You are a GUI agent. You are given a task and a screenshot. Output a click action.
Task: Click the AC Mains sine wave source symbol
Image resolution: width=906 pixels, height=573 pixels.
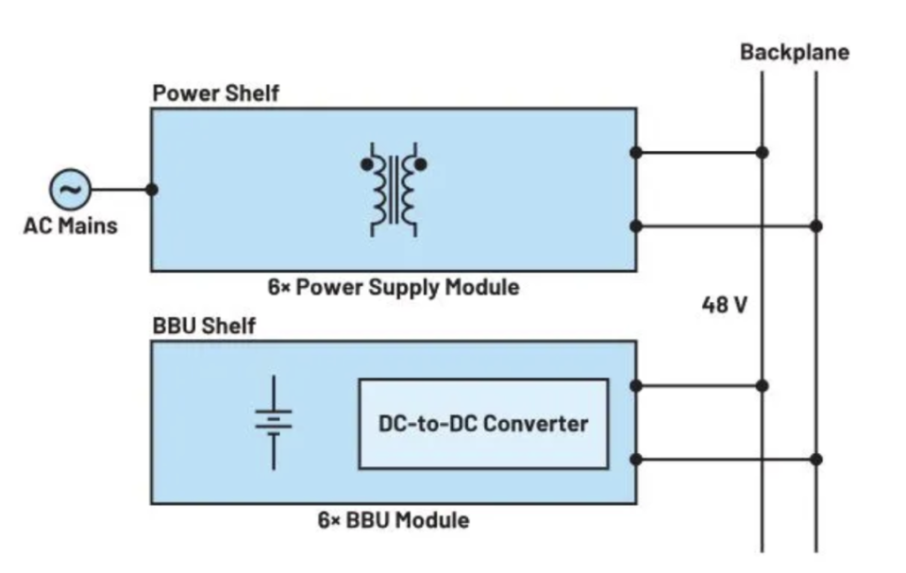click(x=70, y=190)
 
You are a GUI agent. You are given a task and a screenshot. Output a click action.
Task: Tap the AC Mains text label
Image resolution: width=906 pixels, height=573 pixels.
click(x=70, y=226)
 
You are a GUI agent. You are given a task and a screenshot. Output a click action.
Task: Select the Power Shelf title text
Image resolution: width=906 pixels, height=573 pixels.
click(x=215, y=94)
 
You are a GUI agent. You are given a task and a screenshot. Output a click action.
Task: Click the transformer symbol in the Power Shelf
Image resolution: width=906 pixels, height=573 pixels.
click(x=393, y=190)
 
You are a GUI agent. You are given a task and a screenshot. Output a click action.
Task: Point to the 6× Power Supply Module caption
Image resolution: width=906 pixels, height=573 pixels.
click(x=393, y=287)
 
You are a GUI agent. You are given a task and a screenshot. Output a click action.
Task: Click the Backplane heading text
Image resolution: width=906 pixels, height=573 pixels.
click(x=794, y=52)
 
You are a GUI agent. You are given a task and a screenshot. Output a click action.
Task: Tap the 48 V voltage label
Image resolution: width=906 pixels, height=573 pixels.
click(x=725, y=306)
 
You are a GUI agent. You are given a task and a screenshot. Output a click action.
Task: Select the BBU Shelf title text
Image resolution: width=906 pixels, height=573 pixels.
click(x=204, y=327)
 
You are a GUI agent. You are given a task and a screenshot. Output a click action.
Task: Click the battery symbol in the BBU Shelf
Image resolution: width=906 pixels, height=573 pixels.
click(x=274, y=422)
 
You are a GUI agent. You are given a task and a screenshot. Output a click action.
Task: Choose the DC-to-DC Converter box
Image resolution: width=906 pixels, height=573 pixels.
click(x=483, y=424)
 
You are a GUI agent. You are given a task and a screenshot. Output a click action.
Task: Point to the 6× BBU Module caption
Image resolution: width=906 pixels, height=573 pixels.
click(x=393, y=519)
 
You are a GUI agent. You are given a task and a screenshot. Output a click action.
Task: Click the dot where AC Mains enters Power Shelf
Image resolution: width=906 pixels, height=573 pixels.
click(x=152, y=190)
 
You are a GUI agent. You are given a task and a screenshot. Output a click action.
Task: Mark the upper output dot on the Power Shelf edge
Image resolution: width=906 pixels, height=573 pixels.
click(x=636, y=152)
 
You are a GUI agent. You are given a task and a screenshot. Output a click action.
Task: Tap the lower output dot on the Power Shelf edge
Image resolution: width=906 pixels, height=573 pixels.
click(x=636, y=226)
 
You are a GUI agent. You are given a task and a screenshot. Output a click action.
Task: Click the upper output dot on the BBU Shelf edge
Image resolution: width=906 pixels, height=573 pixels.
click(x=636, y=385)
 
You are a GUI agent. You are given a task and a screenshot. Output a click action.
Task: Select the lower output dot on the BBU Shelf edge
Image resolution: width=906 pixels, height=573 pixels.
click(x=636, y=460)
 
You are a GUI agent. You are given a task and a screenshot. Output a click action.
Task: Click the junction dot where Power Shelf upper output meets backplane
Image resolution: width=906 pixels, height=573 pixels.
click(x=762, y=152)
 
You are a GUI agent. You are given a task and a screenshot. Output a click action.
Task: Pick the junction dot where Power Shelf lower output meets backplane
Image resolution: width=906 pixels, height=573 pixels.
click(x=815, y=226)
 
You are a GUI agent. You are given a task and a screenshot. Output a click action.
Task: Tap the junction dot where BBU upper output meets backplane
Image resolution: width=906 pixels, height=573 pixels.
click(x=762, y=385)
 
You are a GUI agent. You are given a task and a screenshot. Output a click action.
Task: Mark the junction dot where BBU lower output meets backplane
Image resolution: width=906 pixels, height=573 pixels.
click(x=815, y=460)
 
